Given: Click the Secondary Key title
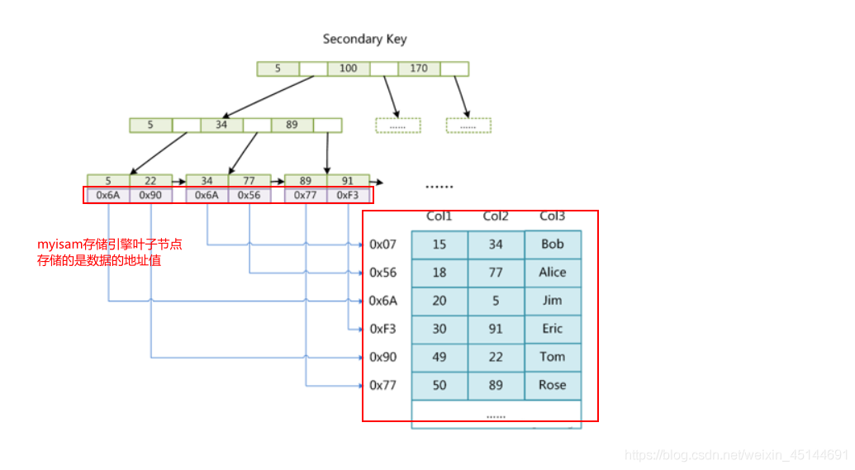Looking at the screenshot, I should [x=364, y=39].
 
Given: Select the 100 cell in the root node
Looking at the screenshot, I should [x=349, y=69].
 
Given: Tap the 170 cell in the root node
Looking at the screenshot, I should [x=419, y=69].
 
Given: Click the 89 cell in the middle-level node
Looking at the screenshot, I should [x=292, y=125].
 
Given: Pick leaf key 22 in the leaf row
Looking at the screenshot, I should [x=150, y=181].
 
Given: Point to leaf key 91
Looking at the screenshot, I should [x=348, y=181].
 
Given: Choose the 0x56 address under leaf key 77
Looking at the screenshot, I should [x=249, y=196].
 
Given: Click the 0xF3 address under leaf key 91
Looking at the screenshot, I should [x=348, y=196].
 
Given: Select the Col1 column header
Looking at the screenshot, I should [x=439, y=216].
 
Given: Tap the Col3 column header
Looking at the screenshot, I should [x=553, y=216].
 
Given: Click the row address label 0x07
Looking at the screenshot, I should [x=383, y=244].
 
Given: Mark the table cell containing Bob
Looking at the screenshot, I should [x=553, y=244].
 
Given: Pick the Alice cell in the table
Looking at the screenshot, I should [x=553, y=273].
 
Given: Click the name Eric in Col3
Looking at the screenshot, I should [x=553, y=329].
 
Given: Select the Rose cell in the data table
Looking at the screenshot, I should [x=553, y=385].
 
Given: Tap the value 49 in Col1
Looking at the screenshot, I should [x=439, y=357].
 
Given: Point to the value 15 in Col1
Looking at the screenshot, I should [x=439, y=244].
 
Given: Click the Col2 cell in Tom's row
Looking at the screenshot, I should [x=496, y=357].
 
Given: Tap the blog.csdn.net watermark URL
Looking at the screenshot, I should [x=736, y=455].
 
